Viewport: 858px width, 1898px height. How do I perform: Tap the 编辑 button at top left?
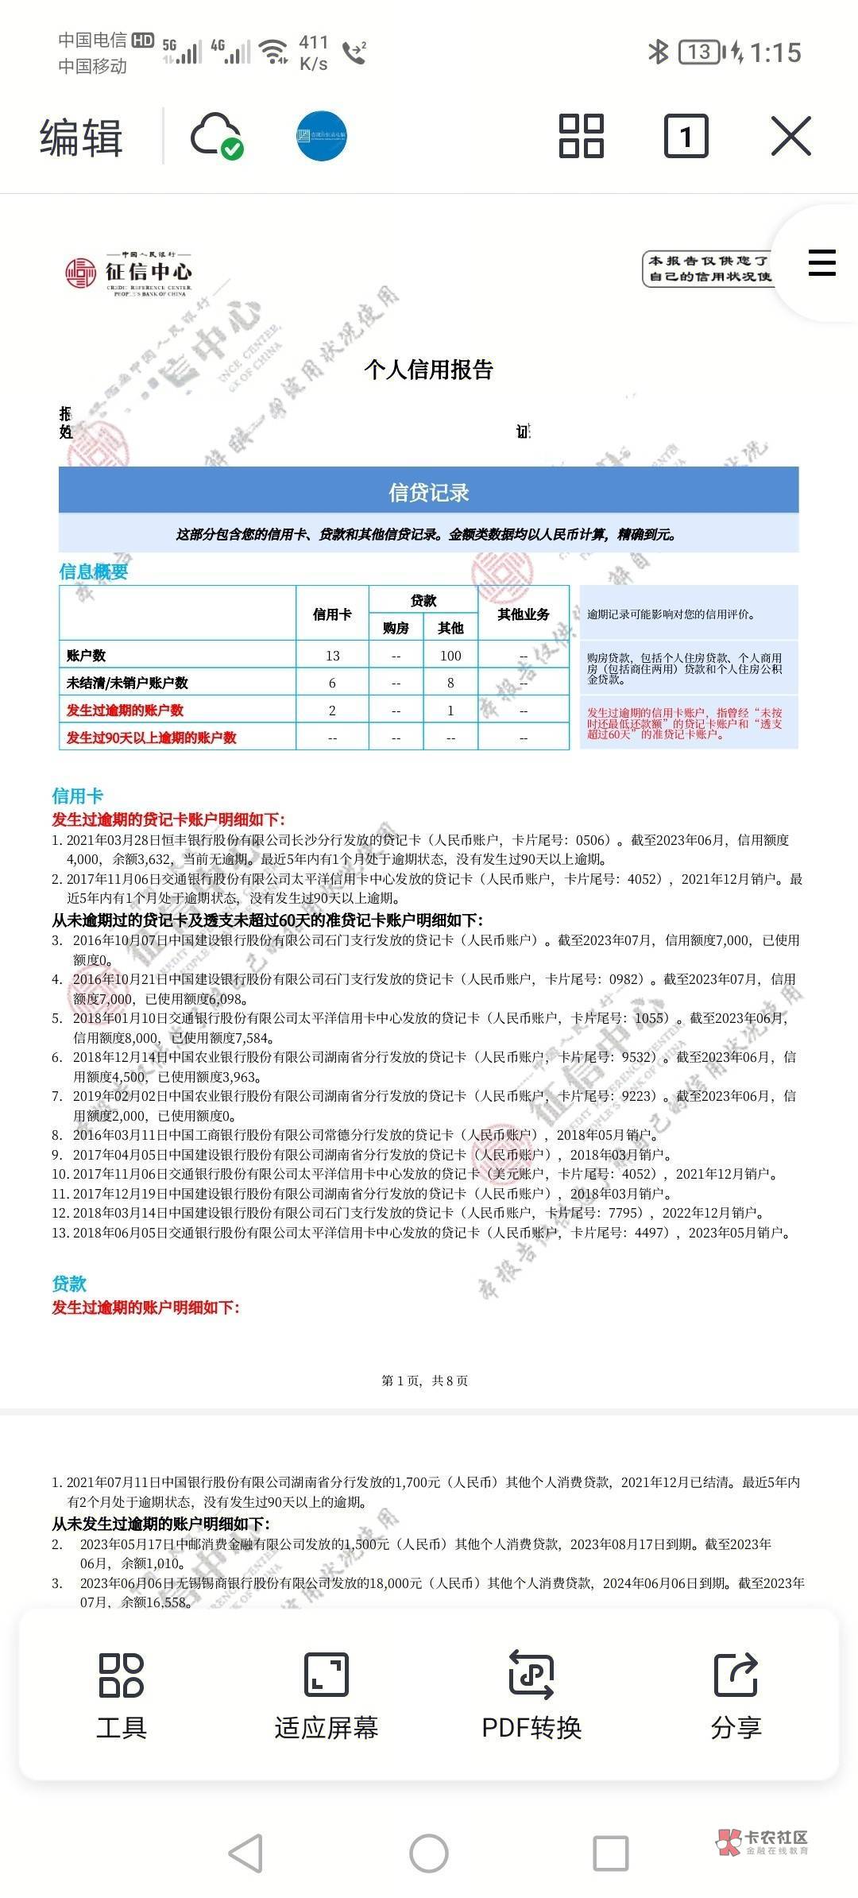click(x=81, y=137)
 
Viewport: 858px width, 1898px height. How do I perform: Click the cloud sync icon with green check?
click(x=216, y=136)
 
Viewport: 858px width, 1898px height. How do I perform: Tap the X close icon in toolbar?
click(x=790, y=136)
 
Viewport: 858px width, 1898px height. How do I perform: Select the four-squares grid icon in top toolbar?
click(x=582, y=136)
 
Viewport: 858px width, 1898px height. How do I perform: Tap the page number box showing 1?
click(x=686, y=136)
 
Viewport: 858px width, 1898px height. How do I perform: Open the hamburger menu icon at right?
click(x=821, y=262)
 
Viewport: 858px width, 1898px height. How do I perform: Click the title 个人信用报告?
click(x=429, y=370)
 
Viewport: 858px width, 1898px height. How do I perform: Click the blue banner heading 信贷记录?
click(x=429, y=493)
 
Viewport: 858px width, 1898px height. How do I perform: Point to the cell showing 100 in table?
click(x=450, y=656)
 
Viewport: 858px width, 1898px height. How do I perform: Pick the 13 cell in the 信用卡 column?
click(x=332, y=656)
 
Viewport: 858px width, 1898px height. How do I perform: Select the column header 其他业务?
click(x=524, y=614)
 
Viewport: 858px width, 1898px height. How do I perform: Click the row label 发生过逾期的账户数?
click(x=125, y=711)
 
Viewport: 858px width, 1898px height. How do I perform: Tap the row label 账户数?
click(x=87, y=656)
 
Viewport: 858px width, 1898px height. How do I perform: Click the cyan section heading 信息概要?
click(x=94, y=571)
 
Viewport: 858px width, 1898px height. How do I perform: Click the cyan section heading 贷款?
click(x=69, y=1284)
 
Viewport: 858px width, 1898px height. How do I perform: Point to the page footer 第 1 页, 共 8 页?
click(x=425, y=1381)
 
